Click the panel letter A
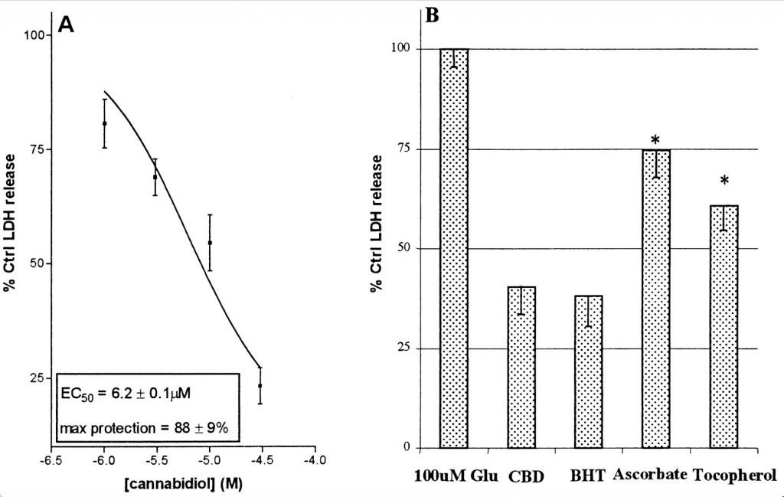[66, 25]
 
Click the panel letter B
[432, 15]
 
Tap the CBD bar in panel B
[521, 368]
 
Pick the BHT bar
[588, 371]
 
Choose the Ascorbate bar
[655, 299]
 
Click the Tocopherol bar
[724, 326]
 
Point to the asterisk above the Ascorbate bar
[655, 140]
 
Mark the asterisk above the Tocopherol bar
[724, 181]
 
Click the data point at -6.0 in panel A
[105, 123]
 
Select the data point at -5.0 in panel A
[210, 243]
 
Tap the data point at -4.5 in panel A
[260, 386]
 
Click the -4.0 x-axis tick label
[314, 462]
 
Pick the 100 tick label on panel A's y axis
[38, 34]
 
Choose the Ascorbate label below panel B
[649, 474]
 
